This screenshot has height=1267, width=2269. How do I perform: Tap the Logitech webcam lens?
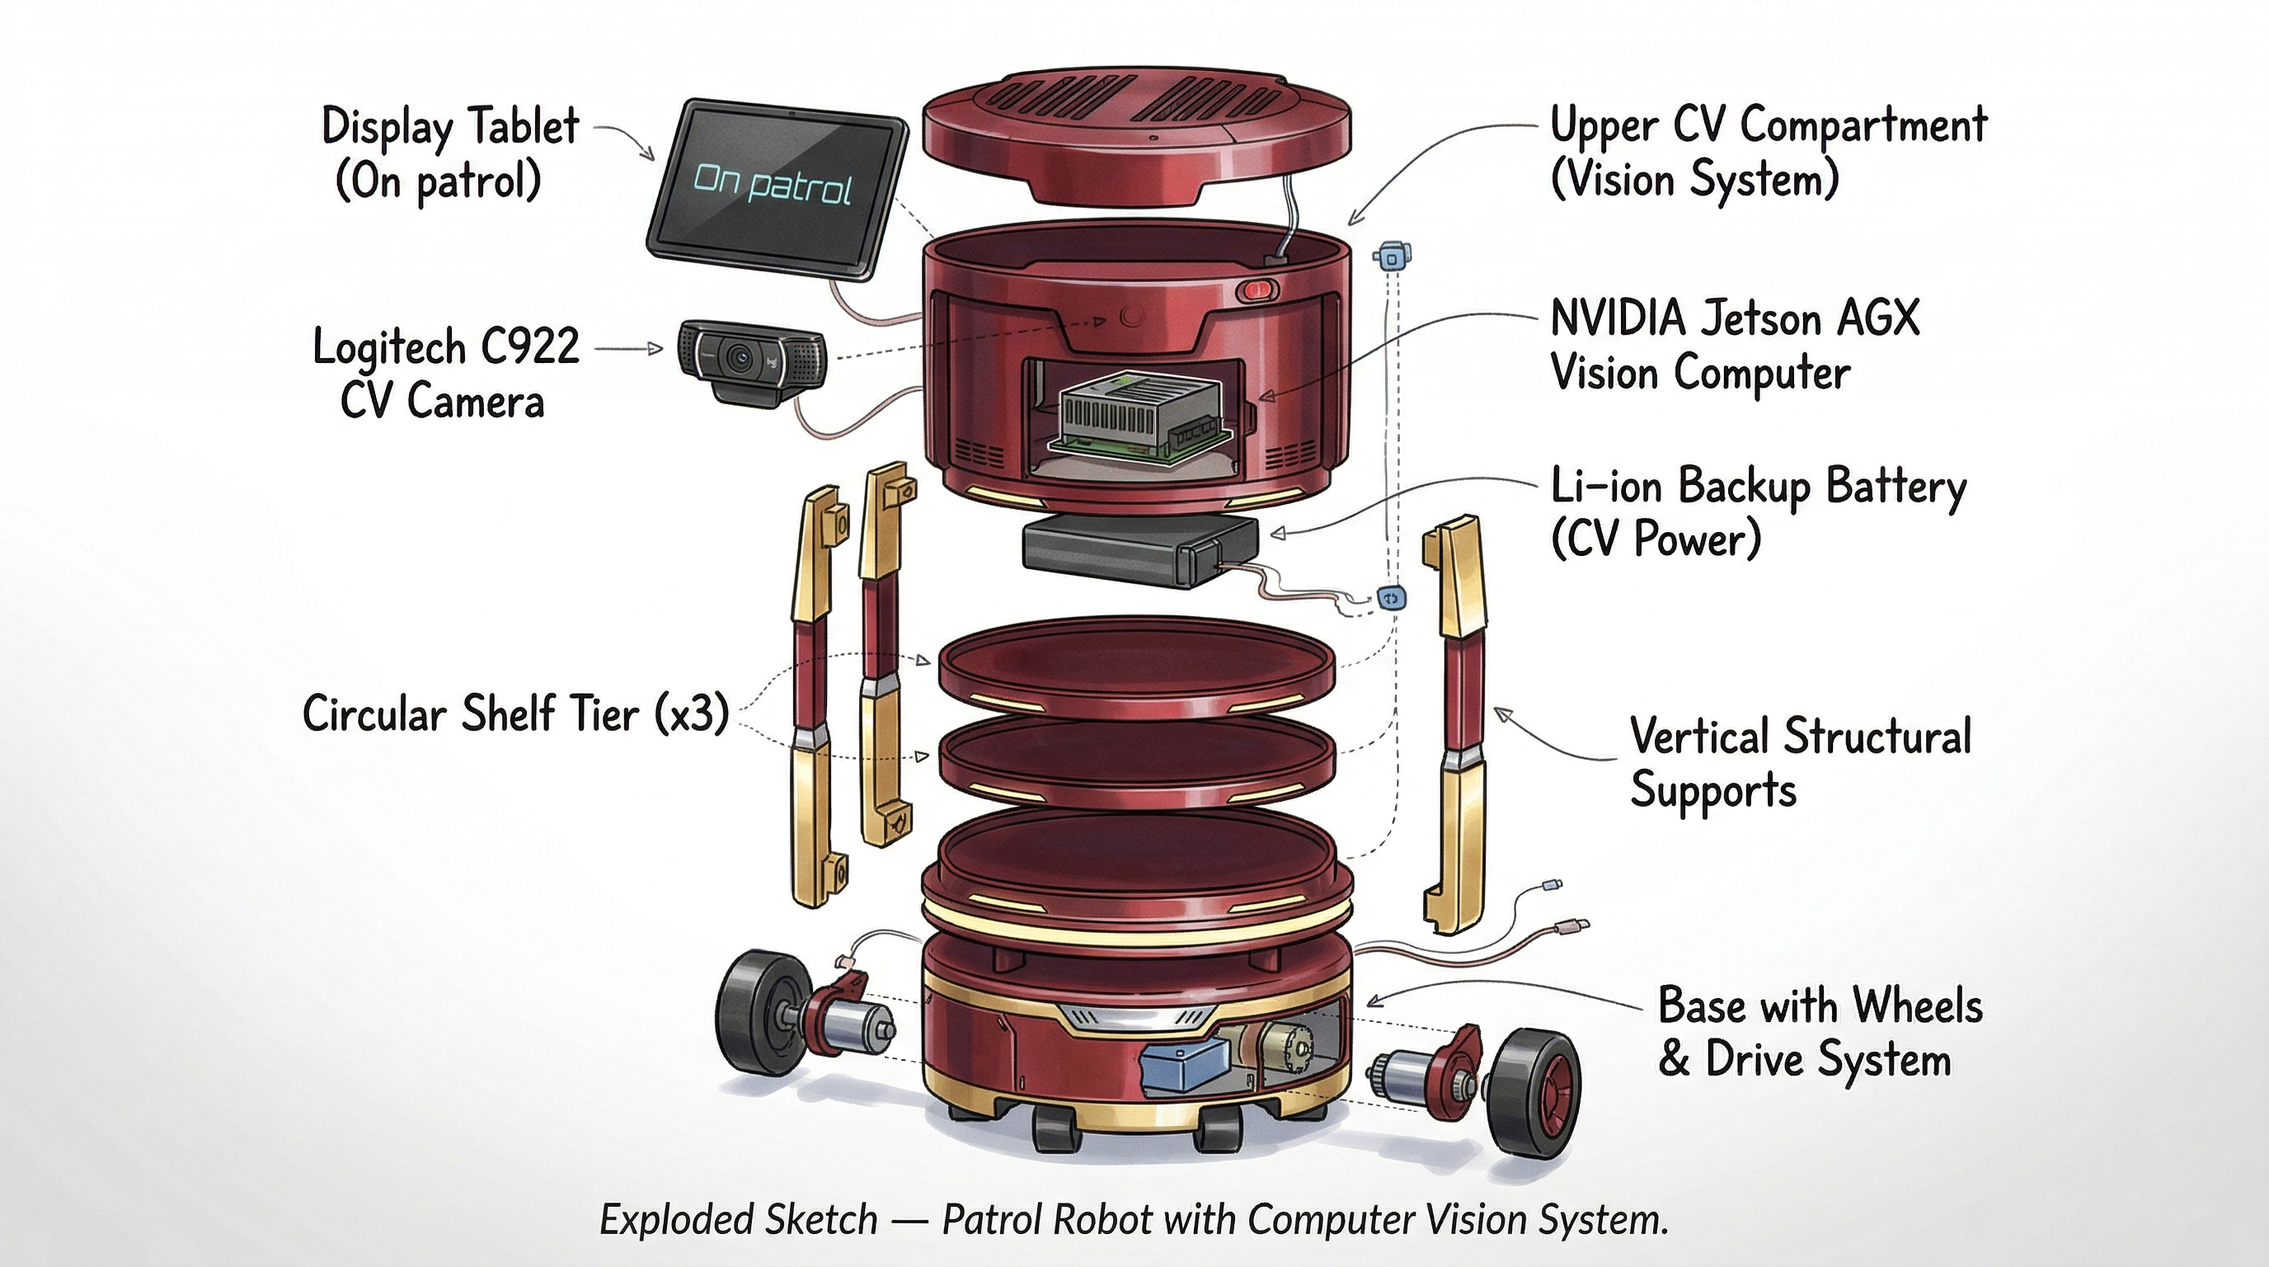(x=738, y=358)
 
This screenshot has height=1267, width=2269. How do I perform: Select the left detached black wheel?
(x=756, y=1013)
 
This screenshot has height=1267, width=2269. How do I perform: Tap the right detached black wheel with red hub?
(x=1534, y=1094)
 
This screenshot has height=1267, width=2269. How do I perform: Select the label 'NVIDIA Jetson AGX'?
(x=1733, y=318)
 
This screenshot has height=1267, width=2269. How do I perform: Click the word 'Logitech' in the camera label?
(x=388, y=346)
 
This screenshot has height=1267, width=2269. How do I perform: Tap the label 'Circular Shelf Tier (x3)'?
(x=515, y=714)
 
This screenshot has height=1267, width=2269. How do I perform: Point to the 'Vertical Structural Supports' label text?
(x=1800, y=762)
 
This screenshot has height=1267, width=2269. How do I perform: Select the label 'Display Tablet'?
(x=450, y=126)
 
